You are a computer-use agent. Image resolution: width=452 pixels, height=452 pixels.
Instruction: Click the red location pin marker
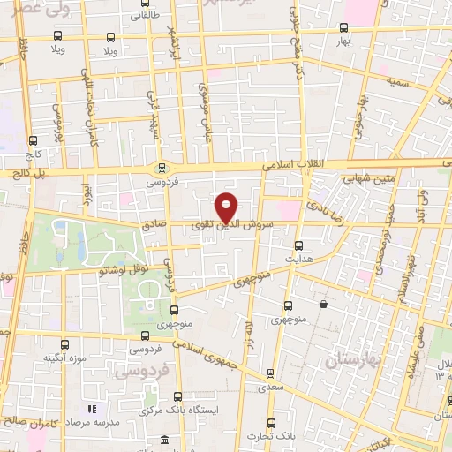(x=228, y=206)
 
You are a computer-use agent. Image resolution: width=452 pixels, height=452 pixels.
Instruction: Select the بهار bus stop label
(x=344, y=41)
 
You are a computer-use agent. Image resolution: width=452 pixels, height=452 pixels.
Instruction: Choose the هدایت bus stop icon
(x=298, y=245)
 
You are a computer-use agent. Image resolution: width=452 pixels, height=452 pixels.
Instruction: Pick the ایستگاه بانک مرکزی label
(x=180, y=411)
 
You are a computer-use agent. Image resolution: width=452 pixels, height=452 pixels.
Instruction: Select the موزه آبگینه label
(x=63, y=358)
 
